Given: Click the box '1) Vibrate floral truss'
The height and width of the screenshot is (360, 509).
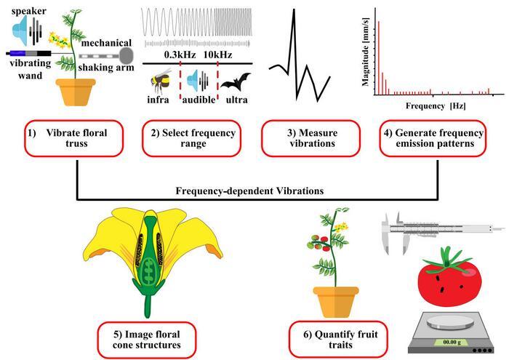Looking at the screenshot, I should coord(78,137).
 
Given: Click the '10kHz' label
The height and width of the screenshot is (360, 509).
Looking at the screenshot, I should coord(217,55).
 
